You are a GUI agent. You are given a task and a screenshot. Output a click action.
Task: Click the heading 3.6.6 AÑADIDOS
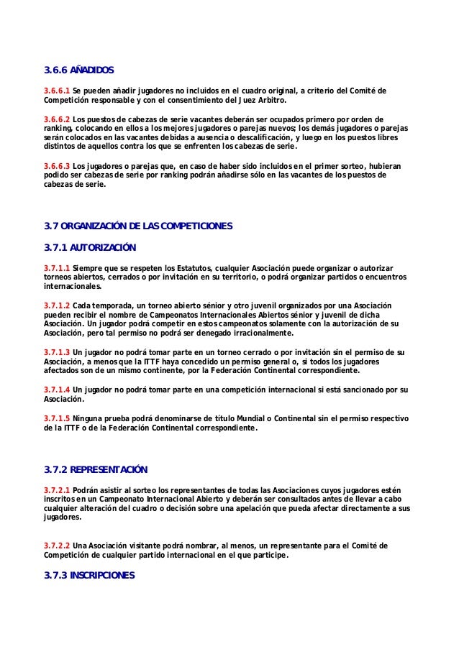[79, 70]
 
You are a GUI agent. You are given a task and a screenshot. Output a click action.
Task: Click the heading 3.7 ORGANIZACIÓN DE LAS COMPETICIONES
[138, 226]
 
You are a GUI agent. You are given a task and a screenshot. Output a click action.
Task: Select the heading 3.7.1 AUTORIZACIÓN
[90, 249]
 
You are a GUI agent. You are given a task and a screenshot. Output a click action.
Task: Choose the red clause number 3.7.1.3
[56, 353]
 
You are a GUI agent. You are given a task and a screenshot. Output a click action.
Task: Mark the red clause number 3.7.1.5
[56, 418]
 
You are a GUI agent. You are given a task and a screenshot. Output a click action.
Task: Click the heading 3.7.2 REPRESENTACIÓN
[96, 470]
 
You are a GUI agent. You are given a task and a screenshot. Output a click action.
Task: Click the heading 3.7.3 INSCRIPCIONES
[88, 576]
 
